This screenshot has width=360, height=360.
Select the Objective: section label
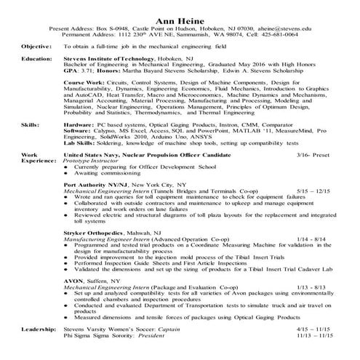click(x=36, y=45)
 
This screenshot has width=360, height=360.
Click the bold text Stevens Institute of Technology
click(x=101, y=58)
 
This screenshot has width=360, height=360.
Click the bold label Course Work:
click(x=82, y=84)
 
